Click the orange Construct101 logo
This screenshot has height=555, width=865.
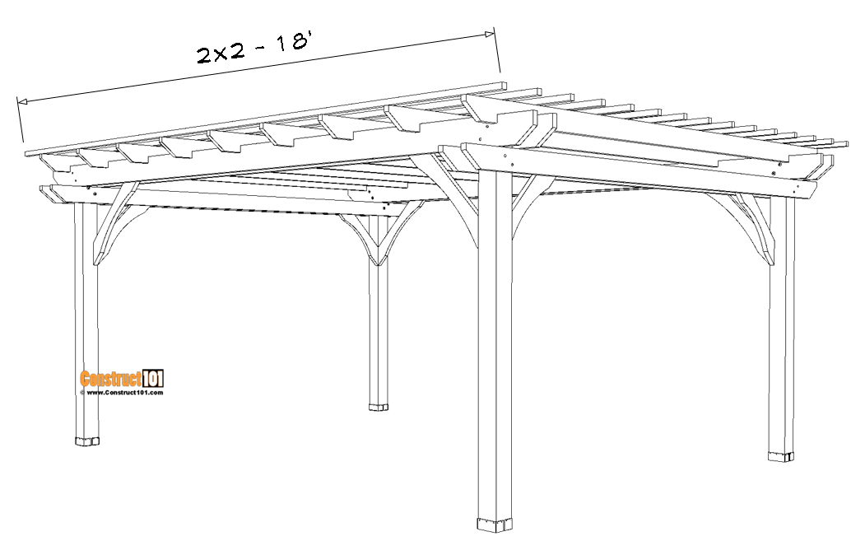(x=122, y=379)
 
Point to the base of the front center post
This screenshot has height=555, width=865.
(x=495, y=525)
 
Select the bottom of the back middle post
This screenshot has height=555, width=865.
(x=379, y=407)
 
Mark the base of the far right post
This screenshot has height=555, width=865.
(x=781, y=456)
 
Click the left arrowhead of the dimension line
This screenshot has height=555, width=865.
(x=22, y=101)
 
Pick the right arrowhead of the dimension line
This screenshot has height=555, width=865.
(x=490, y=34)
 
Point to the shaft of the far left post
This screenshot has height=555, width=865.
(x=86, y=320)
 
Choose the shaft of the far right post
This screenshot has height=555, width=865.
(x=781, y=325)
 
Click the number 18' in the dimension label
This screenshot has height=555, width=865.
(x=291, y=43)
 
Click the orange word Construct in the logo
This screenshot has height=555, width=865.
(x=111, y=379)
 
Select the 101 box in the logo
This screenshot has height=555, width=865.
(x=153, y=379)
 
